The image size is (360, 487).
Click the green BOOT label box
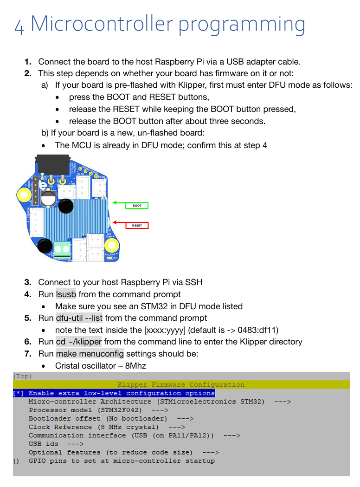pyautogui.click(x=137, y=205)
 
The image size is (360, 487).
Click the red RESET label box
pyautogui.click(x=137, y=225)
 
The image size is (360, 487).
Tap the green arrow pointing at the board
pyautogui.click(x=119, y=203)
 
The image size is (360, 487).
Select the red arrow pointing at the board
pyautogui.click(x=119, y=222)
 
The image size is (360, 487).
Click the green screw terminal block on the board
pyautogui.click(x=62, y=250)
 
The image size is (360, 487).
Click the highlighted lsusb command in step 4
pyautogui.click(x=66, y=294)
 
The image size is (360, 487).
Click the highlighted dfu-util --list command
pyautogui.click(x=79, y=318)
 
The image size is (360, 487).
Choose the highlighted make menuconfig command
pyautogui.click(x=90, y=354)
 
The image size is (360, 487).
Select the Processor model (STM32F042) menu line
pyautogui.click(x=98, y=410)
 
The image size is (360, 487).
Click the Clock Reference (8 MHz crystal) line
pyautogui.click(x=107, y=427)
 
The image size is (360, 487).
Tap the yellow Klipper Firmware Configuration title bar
pyautogui.click(x=181, y=384)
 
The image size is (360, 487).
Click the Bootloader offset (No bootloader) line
pyautogui.click(x=111, y=418)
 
